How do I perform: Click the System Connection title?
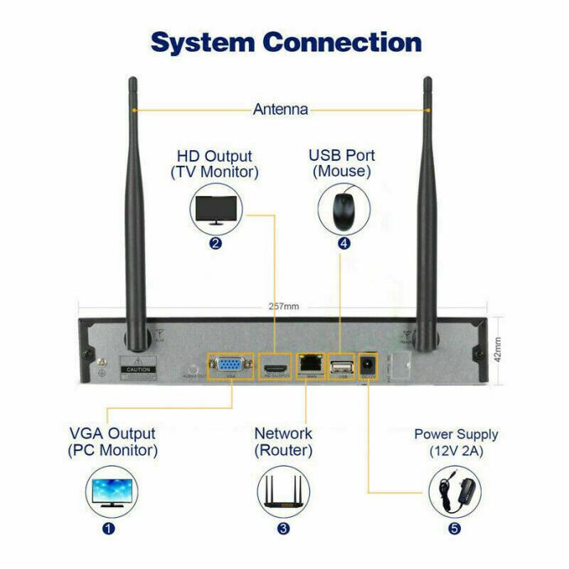(x=285, y=42)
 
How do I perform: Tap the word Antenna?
(x=280, y=109)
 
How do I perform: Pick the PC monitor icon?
(x=112, y=492)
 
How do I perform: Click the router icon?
(x=283, y=492)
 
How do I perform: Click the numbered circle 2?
(x=216, y=243)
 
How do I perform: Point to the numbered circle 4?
(x=343, y=243)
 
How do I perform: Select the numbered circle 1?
(x=109, y=529)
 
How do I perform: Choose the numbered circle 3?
(x=283, y=529)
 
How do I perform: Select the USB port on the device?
(x=341, y=364)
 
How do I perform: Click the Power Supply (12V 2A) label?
(x=455, y=443)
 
